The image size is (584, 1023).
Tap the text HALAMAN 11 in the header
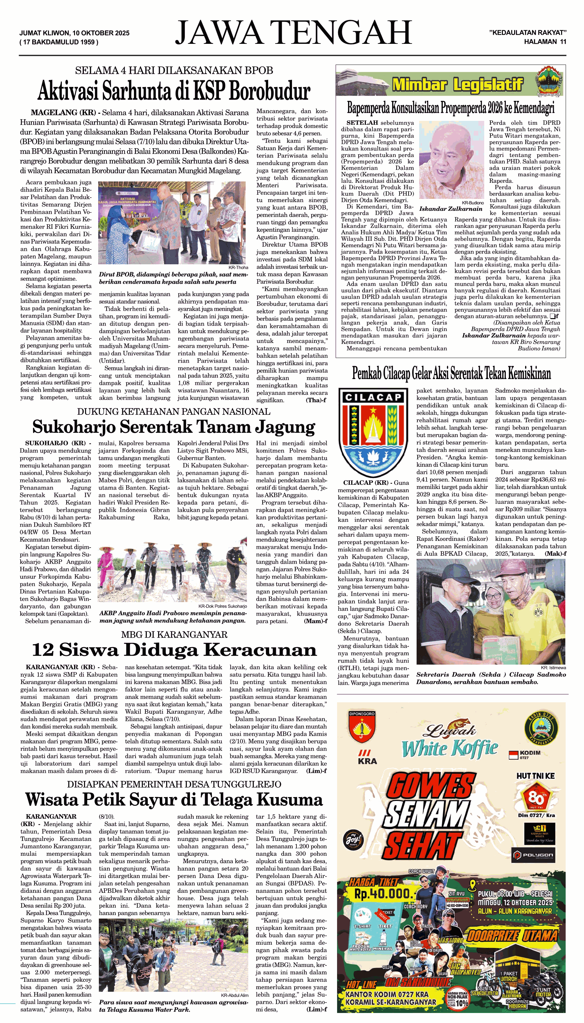pos(545,41)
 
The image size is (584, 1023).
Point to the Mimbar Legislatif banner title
pos(457,85)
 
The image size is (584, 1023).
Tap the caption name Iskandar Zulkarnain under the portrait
pos(451,209)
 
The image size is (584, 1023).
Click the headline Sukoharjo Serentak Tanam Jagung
pos(173,427)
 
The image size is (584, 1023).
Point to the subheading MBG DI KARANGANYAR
pos(174,635)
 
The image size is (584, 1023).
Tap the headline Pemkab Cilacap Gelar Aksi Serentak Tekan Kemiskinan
pos(451,373)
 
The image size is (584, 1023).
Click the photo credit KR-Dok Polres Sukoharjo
pos(222,606)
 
